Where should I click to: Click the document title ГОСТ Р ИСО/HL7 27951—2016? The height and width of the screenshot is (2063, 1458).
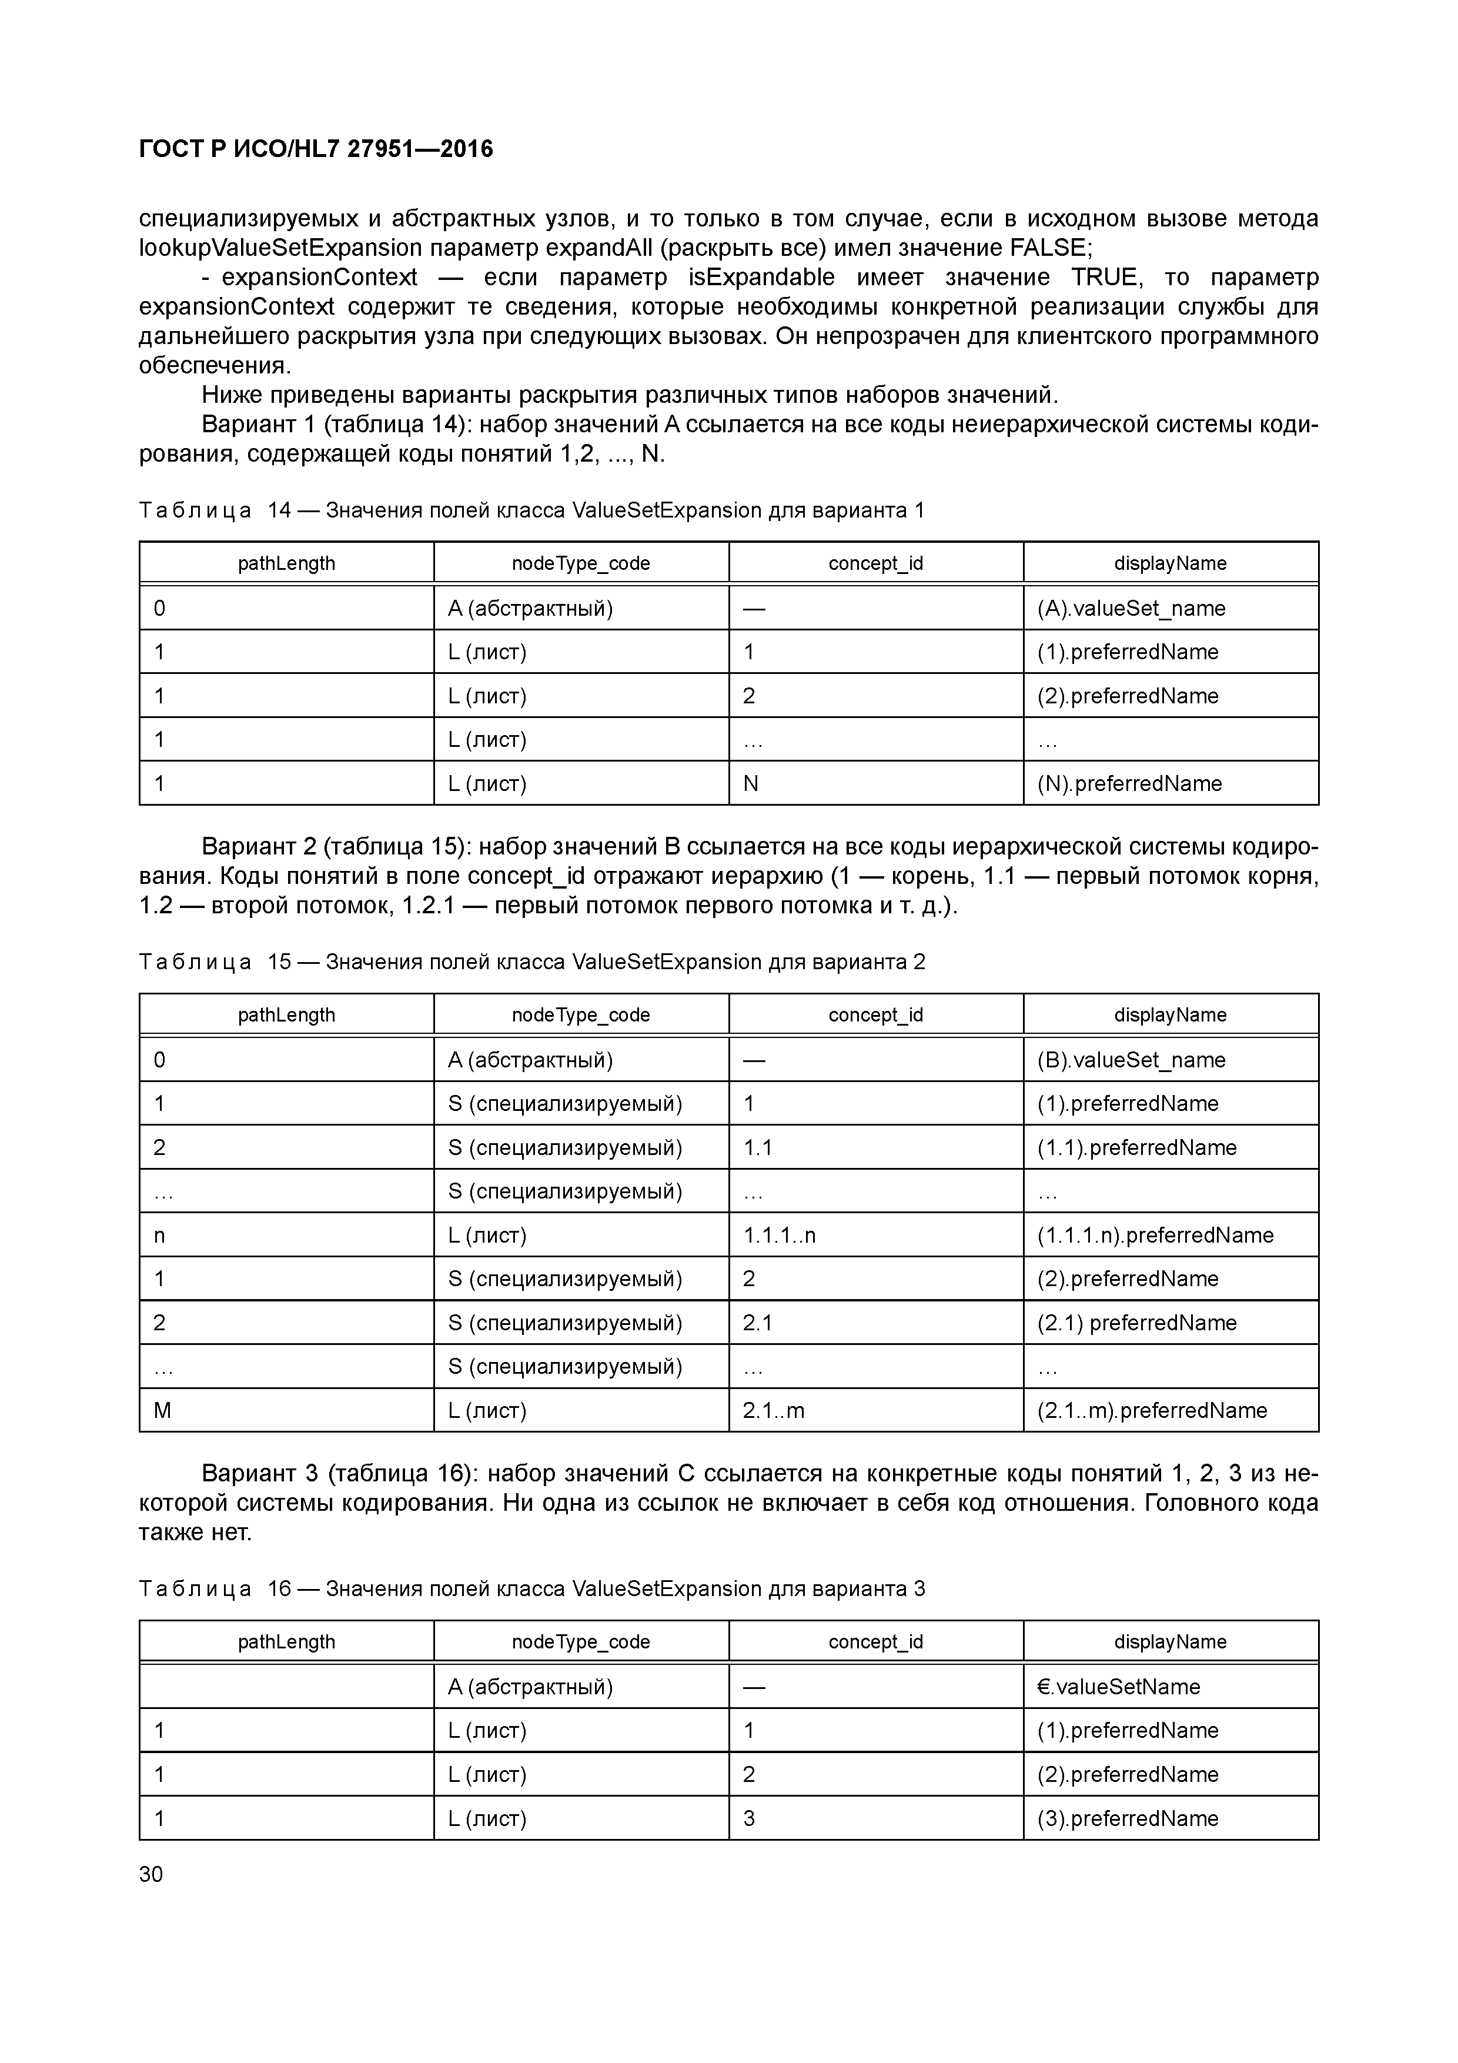(316, 149)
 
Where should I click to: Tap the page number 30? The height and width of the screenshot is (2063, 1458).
(151, 1874)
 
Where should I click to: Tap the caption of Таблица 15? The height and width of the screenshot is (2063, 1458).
(532, 962)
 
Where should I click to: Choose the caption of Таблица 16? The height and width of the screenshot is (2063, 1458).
(532, 1588)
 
